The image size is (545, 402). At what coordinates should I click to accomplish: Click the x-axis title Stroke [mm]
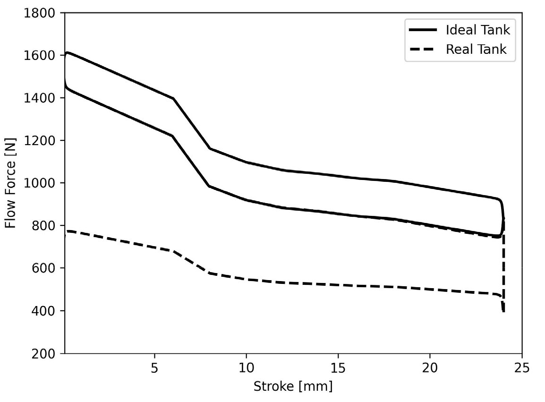pos(293,386)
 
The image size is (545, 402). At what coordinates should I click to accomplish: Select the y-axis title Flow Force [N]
pos(10,183)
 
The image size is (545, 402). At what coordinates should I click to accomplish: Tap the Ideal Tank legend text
pos(478,30)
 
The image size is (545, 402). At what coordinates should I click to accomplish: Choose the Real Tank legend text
pos(476,49)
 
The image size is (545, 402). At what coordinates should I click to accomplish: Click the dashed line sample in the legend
pos(423,49)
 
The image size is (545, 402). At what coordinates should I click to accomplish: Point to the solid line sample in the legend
pos(423,30)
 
